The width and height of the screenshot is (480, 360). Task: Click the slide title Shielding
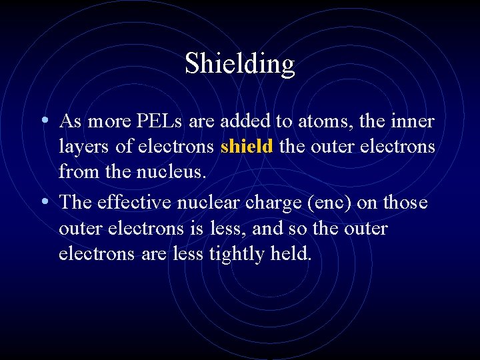point(239,63)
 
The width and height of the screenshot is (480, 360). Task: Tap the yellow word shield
point(247,146)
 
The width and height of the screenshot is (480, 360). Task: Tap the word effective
point(135,202)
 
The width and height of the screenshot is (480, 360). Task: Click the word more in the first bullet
point(109,121)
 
